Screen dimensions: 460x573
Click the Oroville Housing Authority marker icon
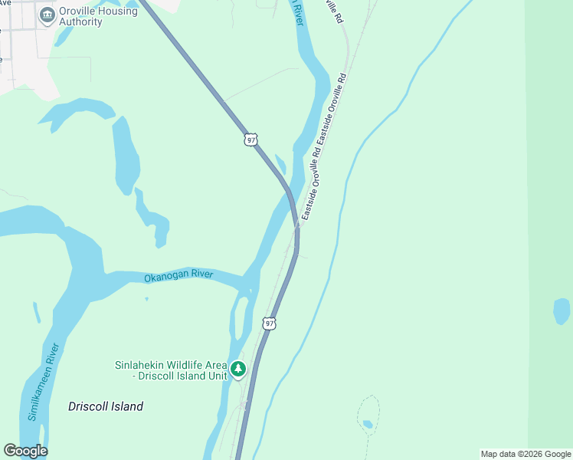coord(47,15)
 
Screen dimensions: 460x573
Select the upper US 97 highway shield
coord(250,139)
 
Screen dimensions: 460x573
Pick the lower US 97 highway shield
coord(269,324)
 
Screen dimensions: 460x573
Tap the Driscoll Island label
coord(106,406)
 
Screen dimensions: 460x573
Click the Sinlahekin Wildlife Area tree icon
coord(238,370)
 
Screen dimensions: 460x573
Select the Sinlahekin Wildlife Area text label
coord(171,370)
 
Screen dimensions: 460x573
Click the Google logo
coord(25,451)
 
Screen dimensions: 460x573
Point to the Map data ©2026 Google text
coord(526,454)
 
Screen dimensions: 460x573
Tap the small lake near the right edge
coord(562,310)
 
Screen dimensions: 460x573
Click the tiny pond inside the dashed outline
coord(368,424)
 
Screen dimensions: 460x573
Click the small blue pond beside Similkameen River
coord(36,313)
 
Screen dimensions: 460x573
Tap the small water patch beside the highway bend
coord(280,164)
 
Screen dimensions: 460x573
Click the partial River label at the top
coord(297,9)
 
